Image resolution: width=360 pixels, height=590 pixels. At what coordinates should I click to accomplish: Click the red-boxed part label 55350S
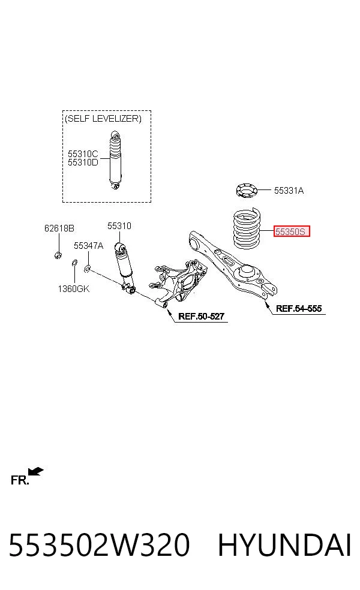click(292, 231)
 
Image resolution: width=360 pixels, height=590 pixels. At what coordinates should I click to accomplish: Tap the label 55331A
click(289, 191)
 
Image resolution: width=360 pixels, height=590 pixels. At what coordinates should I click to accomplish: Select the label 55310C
click(82, 153)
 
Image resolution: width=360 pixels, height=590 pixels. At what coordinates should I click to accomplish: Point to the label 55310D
click(82, 162)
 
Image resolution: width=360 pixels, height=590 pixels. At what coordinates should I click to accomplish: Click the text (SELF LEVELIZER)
click(103, 119)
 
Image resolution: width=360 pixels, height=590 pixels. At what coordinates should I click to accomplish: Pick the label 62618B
click(59, 228)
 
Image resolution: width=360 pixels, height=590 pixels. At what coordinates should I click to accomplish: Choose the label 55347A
click(88, 246)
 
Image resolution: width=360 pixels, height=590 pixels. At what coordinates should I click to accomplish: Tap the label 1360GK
click(73, 288)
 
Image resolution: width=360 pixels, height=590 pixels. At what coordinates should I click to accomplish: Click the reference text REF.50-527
click(201, 317)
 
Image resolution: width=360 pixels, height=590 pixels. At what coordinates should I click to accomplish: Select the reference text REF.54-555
click(299, 309)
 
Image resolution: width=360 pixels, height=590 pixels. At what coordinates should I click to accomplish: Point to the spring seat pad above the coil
click(247, 190)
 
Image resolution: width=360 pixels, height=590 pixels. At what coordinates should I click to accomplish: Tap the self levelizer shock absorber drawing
click(115, 160)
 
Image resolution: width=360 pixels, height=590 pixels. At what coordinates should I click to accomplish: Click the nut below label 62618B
click(58, 255)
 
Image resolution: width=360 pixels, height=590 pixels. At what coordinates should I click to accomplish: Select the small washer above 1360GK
click(74, 262)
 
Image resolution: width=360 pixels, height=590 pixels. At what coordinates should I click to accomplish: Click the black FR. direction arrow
click(36, 471)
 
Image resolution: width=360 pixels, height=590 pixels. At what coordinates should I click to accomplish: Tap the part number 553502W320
click(99, 544)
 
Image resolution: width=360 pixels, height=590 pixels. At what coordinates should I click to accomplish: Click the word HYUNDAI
click(284, 544)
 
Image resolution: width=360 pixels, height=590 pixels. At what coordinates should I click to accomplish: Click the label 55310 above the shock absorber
click(119, 226)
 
